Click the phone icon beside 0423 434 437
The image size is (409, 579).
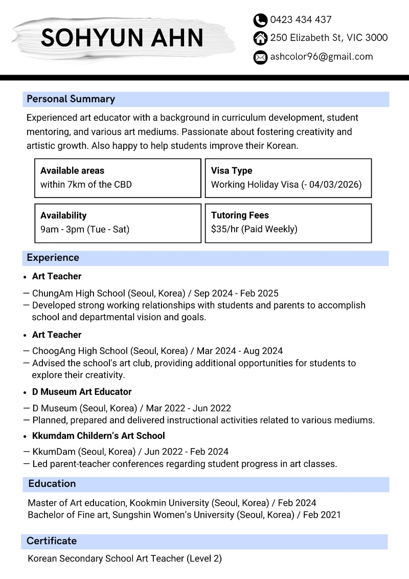tap(260, 20)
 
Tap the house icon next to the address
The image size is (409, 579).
tap(260, 38)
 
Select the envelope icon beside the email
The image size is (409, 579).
tap(260, 57)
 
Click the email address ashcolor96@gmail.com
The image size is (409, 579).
tap(322, 57)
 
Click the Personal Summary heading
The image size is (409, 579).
tap(71, 99)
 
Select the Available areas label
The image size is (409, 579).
tap(72, 171)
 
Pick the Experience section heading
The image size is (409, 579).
tap(53, 258)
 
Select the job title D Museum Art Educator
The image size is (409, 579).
tap(82, 392)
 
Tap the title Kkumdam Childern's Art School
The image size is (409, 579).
tap(99, 436)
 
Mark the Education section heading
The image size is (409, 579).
tap(52, 484)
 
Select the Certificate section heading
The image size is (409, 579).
tap(52, 541)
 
